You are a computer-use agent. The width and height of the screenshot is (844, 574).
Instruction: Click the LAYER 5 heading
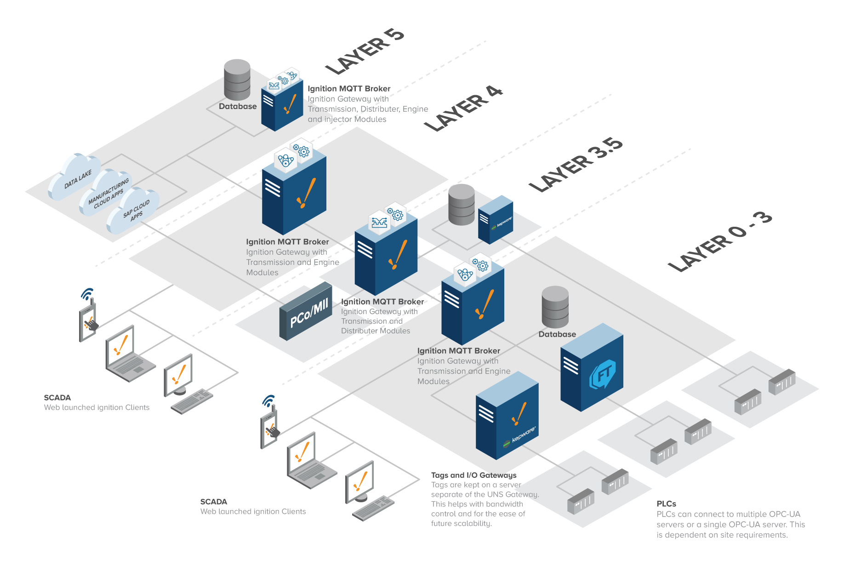pyautogui.click(x=365, y=51)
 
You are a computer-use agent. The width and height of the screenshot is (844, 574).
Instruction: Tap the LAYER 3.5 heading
pyautogui.click(x=576, y=165)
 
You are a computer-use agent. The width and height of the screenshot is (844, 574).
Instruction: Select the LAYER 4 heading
pyautogui.click(x=463, y=109)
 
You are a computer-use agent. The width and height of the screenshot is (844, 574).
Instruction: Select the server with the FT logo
pyautogui.click(x=593, y=368)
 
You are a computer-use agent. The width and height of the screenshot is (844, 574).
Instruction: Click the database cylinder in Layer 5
pyautogui.click(x=237, y=80)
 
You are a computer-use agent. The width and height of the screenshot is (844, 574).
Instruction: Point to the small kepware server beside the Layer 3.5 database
pyautogui.click(x=496, y=220)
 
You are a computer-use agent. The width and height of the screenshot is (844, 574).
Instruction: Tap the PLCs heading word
pyautogui.click(x=666, y=504)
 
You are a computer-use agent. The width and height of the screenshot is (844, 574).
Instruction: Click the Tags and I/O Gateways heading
pyautogui.click(x=473, y=475)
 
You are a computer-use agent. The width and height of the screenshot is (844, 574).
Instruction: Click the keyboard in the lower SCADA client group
pyautogui.click(x=373, y=508)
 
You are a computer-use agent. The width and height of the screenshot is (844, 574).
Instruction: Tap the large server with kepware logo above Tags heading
pyautogui.click(x=507, y=416)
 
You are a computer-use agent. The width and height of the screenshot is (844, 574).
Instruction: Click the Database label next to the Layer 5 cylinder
pyautogui.click(x=238, y=106)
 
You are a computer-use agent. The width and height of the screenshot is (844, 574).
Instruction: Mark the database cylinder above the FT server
pyautogui.click(x=555, y=307)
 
